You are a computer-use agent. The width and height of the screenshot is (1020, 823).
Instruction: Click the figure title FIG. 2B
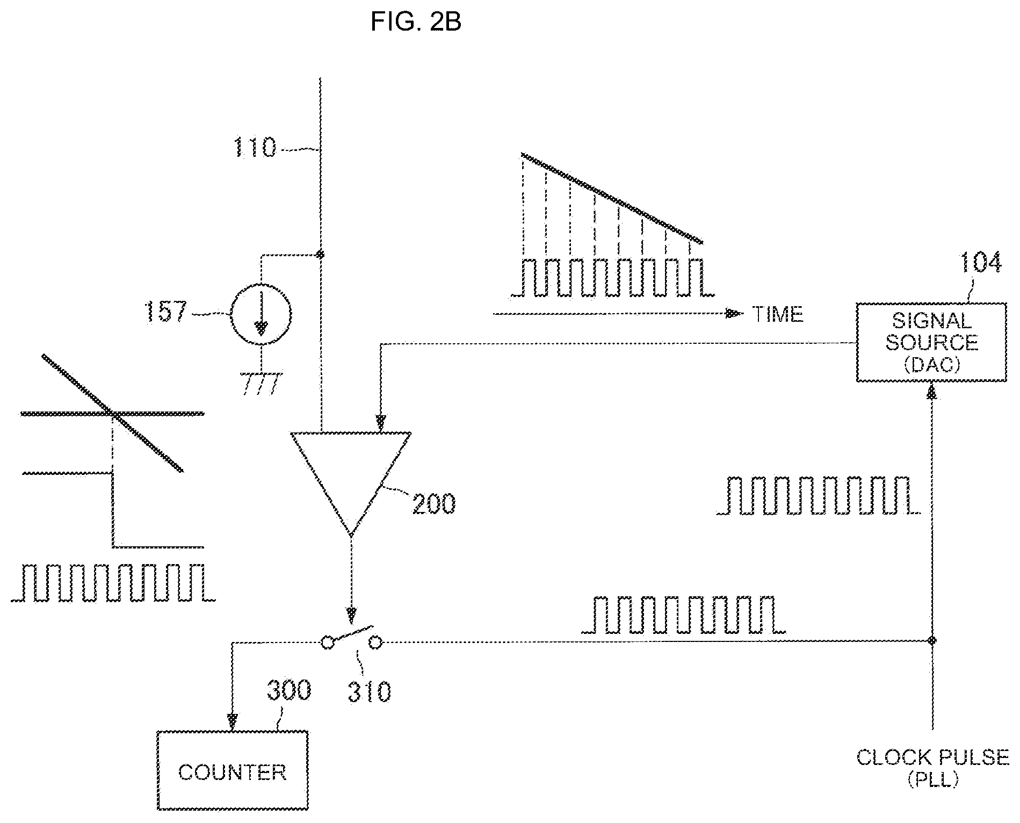click(x=416, y=22)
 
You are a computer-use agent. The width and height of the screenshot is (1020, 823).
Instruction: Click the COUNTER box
click(x=233, y=770)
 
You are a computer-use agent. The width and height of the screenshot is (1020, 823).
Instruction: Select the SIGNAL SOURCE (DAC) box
click(x=931, y=342)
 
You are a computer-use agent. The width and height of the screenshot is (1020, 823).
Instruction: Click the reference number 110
click(x=255, y=147)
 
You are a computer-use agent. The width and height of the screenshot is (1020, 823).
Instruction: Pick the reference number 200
click(x=433, y=503)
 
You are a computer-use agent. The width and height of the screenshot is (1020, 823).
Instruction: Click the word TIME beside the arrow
click(x=778, y=314)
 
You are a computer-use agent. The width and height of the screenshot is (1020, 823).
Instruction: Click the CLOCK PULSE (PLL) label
click(x=933, y=768)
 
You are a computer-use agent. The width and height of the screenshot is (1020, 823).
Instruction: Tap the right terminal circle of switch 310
click(x=375, y=641)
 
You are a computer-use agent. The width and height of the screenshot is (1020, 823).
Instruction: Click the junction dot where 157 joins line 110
click(x=321, y=254)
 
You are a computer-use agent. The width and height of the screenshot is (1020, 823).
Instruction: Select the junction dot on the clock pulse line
click(x=932, y=640)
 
